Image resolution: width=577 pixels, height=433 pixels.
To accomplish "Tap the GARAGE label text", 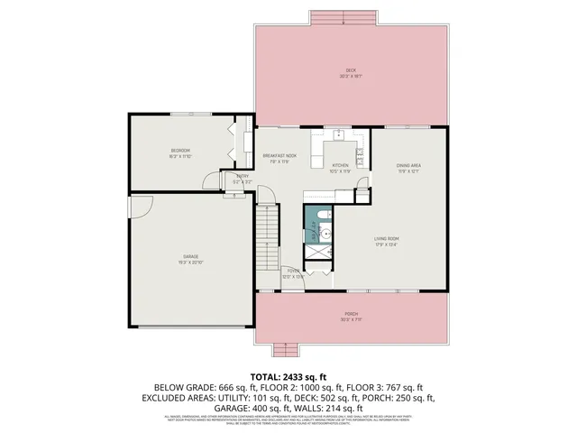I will click(x=191, y=257).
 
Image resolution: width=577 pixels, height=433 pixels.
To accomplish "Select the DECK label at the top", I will click(x=351, y=71).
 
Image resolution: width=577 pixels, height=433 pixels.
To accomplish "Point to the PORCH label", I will click(x=351, y=315).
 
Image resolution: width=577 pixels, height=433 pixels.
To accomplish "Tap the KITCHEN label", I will click(x=340, y=166).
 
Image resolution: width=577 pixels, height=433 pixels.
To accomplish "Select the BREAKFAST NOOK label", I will click(x=280, y=157).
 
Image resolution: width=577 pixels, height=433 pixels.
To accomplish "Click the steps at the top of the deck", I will click(x=344, y=19).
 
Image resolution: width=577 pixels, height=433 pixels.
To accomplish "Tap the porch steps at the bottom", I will click(x=286, y=349).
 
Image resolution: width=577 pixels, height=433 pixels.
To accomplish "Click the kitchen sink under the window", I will click(x=339, y=137).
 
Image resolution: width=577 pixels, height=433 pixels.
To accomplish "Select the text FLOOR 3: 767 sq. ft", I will click(x=375, y=385).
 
